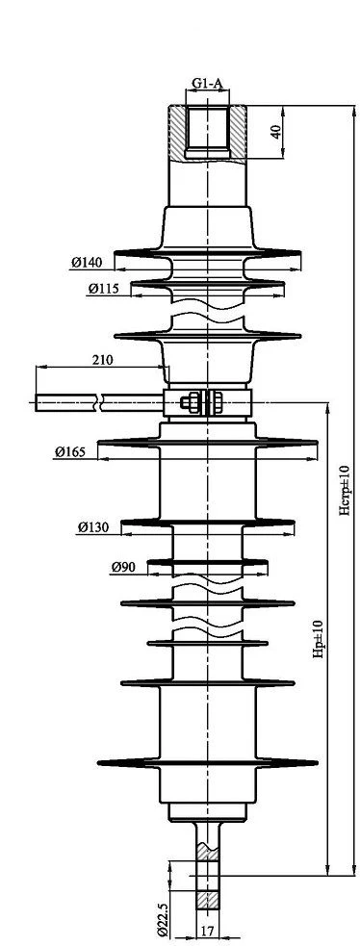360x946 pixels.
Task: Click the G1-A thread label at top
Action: [207, 84]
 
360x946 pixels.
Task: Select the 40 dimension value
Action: [276, 132]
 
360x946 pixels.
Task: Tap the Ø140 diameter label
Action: [87, 262]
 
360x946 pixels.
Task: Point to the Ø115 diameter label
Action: [104, 289]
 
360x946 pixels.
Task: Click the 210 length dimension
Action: [101, 360]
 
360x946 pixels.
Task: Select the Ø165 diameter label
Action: [70, 451]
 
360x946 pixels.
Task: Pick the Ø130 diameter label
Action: [92, 527]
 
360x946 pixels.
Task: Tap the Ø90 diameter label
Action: [123, 567]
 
